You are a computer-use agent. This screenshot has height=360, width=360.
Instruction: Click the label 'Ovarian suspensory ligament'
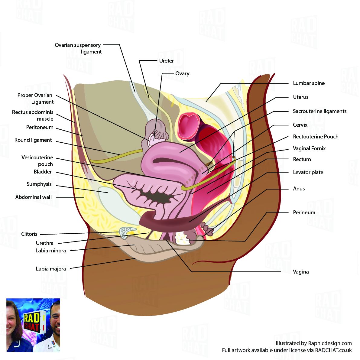[x=78, y=48]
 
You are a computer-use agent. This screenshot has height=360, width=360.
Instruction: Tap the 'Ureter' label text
[x=166, y=61]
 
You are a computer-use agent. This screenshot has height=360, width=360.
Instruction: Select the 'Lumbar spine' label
[x=309, y=83]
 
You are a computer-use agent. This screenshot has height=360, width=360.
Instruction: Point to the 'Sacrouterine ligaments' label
[x=319, y=111]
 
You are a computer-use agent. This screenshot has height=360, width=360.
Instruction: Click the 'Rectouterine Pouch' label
[x=316, y=137]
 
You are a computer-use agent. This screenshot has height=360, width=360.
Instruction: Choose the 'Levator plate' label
[x=308, y=172]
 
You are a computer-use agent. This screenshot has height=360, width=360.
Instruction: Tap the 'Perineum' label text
[x=304, y=212]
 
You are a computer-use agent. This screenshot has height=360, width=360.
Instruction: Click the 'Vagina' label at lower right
[x=301, y=272]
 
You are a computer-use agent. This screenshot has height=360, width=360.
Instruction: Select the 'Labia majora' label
[x=51, y=269]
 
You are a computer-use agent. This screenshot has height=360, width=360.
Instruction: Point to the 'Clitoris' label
[x=29, y=234]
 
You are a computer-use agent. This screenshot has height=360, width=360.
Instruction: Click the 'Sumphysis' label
[x=39, y=184]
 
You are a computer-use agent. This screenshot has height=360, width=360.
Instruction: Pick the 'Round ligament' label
[x=33, y=140]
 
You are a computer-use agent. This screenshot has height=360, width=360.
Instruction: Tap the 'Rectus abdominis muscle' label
[x=33, y=115]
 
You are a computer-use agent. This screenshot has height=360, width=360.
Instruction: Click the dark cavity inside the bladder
[x=157, y=198]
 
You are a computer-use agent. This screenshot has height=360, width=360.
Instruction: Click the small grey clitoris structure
[x=125, y=231]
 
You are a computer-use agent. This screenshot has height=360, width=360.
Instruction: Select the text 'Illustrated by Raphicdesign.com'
[x=313, y=343]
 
